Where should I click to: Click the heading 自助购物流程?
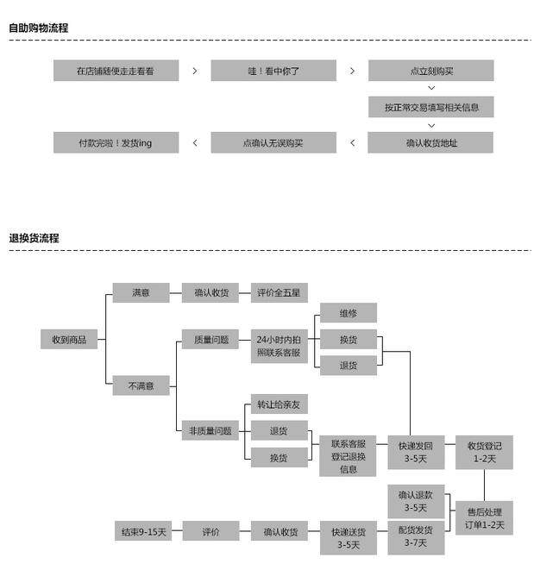pos(38,28)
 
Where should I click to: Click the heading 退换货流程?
pos(34,238)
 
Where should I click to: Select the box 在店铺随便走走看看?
pos(116,71)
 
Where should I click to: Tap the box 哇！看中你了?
pos(273,71)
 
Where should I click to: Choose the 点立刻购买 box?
pos(431,71)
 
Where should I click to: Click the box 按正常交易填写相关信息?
pos(431,107)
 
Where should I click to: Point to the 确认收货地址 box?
pos(431,142)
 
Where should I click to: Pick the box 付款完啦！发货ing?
pos(116,142)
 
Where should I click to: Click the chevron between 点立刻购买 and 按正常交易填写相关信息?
pos(431,89)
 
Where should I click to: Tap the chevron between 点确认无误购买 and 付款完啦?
pos(195,142)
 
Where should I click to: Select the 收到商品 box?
pos(69,340)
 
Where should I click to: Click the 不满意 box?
pos(141,385)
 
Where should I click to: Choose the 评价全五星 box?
pos(279,292)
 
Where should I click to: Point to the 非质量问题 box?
pos(210,430)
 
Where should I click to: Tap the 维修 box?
pos(348,312)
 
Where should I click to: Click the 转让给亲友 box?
pos(279,404)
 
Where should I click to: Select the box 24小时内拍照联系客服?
pos(279,346)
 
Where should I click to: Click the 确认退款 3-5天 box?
pos(416,501)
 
